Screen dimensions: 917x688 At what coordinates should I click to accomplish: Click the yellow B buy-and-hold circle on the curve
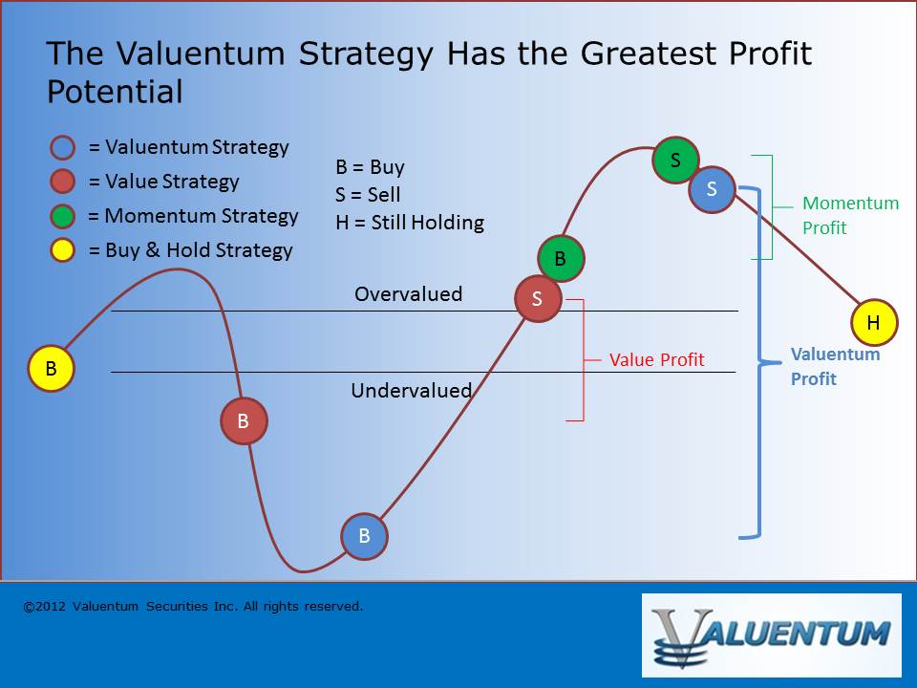(51, 368)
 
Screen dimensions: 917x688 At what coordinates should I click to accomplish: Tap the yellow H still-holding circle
(874, 322)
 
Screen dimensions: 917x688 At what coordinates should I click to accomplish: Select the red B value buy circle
(244, 420)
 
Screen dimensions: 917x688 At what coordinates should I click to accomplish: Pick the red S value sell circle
(538, 298)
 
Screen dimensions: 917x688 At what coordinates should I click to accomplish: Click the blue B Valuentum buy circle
(364, 536)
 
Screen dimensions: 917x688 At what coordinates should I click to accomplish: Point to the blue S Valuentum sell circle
(712, 189)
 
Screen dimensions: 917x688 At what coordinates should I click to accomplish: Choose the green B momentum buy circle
(561, 258)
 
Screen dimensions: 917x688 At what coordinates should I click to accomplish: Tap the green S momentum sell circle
(675, 160)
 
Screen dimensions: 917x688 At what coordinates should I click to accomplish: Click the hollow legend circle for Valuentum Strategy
(63, 147)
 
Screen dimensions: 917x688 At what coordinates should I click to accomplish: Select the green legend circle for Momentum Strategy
(63, 216)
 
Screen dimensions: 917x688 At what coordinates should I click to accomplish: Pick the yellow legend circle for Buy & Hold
(63, 249)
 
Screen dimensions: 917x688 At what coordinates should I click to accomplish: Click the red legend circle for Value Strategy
(63, 182)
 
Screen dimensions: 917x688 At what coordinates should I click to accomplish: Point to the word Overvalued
(408, 293)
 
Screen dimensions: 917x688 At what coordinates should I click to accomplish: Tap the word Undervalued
(411, 390)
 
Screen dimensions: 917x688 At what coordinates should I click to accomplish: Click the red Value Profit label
(657, 360)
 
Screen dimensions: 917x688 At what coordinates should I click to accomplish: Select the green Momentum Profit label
(850, 215)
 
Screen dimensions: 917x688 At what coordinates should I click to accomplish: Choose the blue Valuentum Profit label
(835, 366)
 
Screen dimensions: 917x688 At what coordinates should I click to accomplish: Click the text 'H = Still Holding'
(410, 223)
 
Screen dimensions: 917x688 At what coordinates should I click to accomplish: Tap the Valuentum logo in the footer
(772, 635)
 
